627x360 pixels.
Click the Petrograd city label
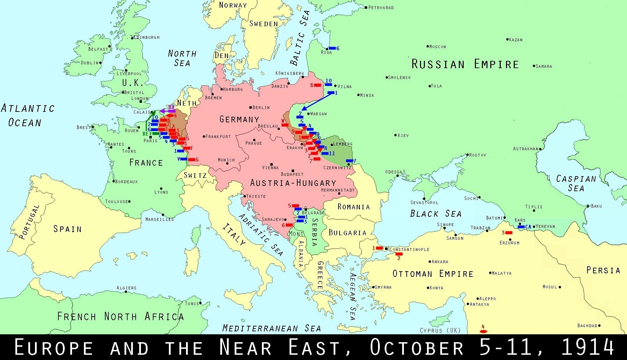click(x=381, y=7)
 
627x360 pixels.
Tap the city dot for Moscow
click(x=428, y=46)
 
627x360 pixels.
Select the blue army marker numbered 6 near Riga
click(x=332, y=48)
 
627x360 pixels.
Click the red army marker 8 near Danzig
click(x=317, y=85)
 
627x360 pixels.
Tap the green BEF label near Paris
click(x=147, y=134)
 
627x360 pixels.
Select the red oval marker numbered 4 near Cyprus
click(x=483, y=331)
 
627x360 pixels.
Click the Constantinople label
click(x=409, y=249)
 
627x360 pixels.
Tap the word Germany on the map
click(x=239, y=120)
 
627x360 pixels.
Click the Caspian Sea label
click(x=576, y=183)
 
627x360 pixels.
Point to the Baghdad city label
click(x=587, y=325)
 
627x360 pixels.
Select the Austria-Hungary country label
click(x=293, y=183)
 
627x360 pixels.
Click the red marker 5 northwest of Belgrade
click(x=295, y=206)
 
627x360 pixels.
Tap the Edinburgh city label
click(x=147, y=37)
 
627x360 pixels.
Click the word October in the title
click(x=416, y=347)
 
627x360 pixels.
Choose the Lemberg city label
click(x=343, y=144)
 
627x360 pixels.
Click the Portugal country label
click(x=29, y=222)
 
